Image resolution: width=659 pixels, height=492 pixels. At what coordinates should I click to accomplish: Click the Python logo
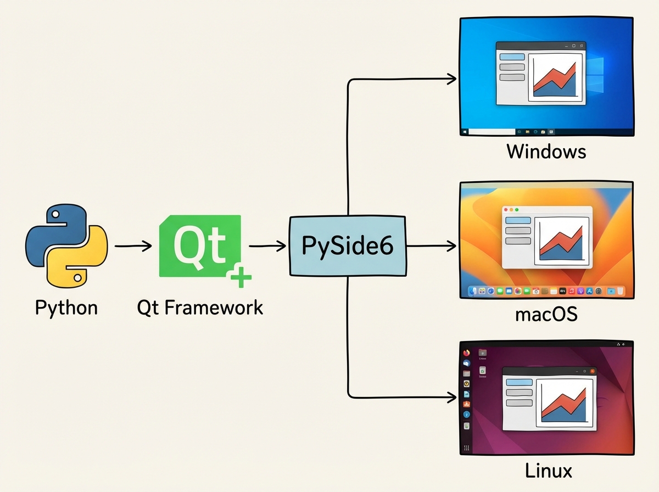pyautogui.click(x=66, y=245)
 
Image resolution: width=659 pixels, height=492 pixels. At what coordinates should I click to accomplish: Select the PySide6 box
pyautogui.click(x=348, y=246)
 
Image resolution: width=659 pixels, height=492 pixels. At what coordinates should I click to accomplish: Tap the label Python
pyautogui.click(x=66, y=307)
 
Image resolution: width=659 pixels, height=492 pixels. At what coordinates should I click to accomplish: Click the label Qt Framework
pyautogui.click(x=200, y=307)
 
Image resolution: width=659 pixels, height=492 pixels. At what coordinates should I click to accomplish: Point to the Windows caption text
pyautogui.click(x=546, y=151)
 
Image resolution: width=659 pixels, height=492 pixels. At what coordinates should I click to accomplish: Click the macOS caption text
pyautogui.click(x=546, y=315)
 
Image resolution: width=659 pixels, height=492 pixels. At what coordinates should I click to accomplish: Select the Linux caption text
pyautogui.click(x=548, y=471)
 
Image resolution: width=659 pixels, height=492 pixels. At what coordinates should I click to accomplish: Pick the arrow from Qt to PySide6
pyautogui.click(x=267, y=247)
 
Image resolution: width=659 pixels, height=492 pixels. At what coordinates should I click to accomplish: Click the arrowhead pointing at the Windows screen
pyautogui.click(x=451, y=79)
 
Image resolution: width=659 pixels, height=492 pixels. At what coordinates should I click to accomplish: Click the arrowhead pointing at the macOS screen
pyautogui.click(x=451, y=247)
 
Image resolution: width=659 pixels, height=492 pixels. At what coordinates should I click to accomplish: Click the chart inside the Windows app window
pyautogui.click(x=555, y=76)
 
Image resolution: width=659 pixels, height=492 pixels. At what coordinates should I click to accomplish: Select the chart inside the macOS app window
pyautogui.click(x=562, y=239)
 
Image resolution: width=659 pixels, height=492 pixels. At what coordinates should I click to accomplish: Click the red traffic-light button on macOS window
pyautogui.click(x=506, y=210)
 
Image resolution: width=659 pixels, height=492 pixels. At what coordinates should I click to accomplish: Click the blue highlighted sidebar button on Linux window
pyautogui.click(x=518, y=382)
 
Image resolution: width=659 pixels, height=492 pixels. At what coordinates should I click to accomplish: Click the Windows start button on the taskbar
pyautogui.click(x=465, y=132)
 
